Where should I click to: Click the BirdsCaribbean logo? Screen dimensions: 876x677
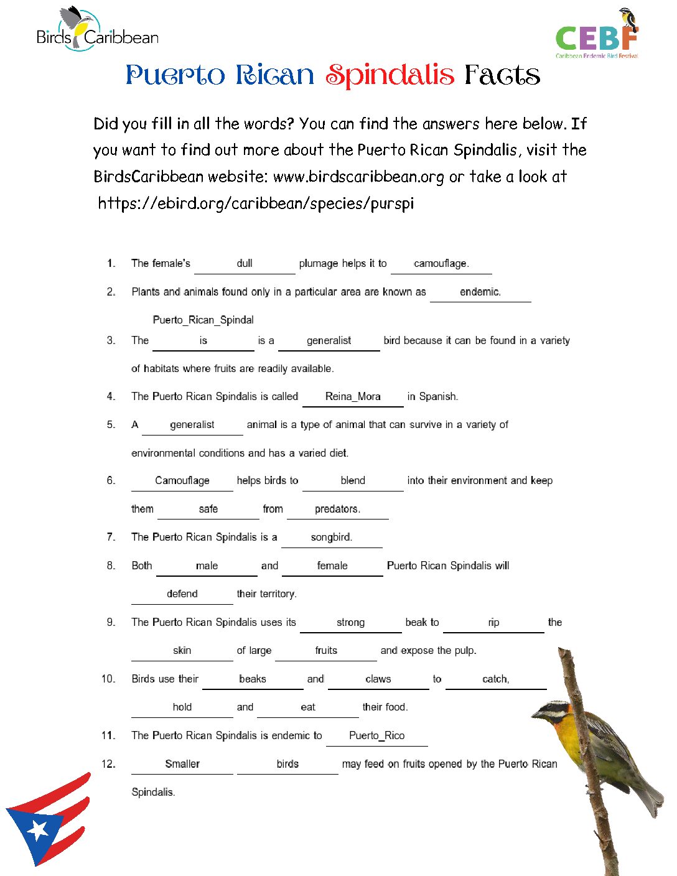pyautogui.click(x=97, y=31)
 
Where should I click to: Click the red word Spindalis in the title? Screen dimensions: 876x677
pyautogui.click(x=390, y=75)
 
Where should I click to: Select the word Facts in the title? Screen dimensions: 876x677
pyautogui.click(x=502, y=75)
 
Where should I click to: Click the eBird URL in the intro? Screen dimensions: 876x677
pyautogui.click(x=256, y=203)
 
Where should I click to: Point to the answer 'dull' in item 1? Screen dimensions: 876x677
pyautogui.click(x=245, y=263)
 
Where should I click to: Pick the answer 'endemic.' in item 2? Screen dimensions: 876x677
pyautogui.click(x=480, y=292)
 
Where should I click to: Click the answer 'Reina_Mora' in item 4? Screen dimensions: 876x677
pyautogui.click(x=353, y=396)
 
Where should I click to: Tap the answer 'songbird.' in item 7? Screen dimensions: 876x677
pyautogui.click(x=332, y=537)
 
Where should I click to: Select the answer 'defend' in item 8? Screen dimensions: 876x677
pyautogui.click(x=182, y=594)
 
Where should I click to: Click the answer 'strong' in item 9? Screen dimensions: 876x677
pyautogui.click(x=350, y=622)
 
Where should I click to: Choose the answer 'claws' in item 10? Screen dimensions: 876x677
pyautogui.click(x=378, y=679)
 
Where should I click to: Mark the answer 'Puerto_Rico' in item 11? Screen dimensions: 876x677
pyautogui.click(x=376, y=735)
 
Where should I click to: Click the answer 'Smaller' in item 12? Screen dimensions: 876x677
pyautogui.click(x=182, y=764)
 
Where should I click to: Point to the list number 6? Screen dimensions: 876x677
pyautogui.click(x=111, y=480)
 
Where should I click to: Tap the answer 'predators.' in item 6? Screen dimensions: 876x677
pyautogui.click(x=337, y=509)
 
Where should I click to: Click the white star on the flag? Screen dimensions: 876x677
pyautogui.click(x=39, y=829)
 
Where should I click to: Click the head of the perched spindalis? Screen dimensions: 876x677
pyautogui.click(x=551, y=711)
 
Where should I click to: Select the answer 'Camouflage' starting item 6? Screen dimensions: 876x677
pyautogui.click(x=182, y=480)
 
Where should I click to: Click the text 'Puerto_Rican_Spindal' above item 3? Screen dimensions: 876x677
pyautogui.click(x=203, y=320)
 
